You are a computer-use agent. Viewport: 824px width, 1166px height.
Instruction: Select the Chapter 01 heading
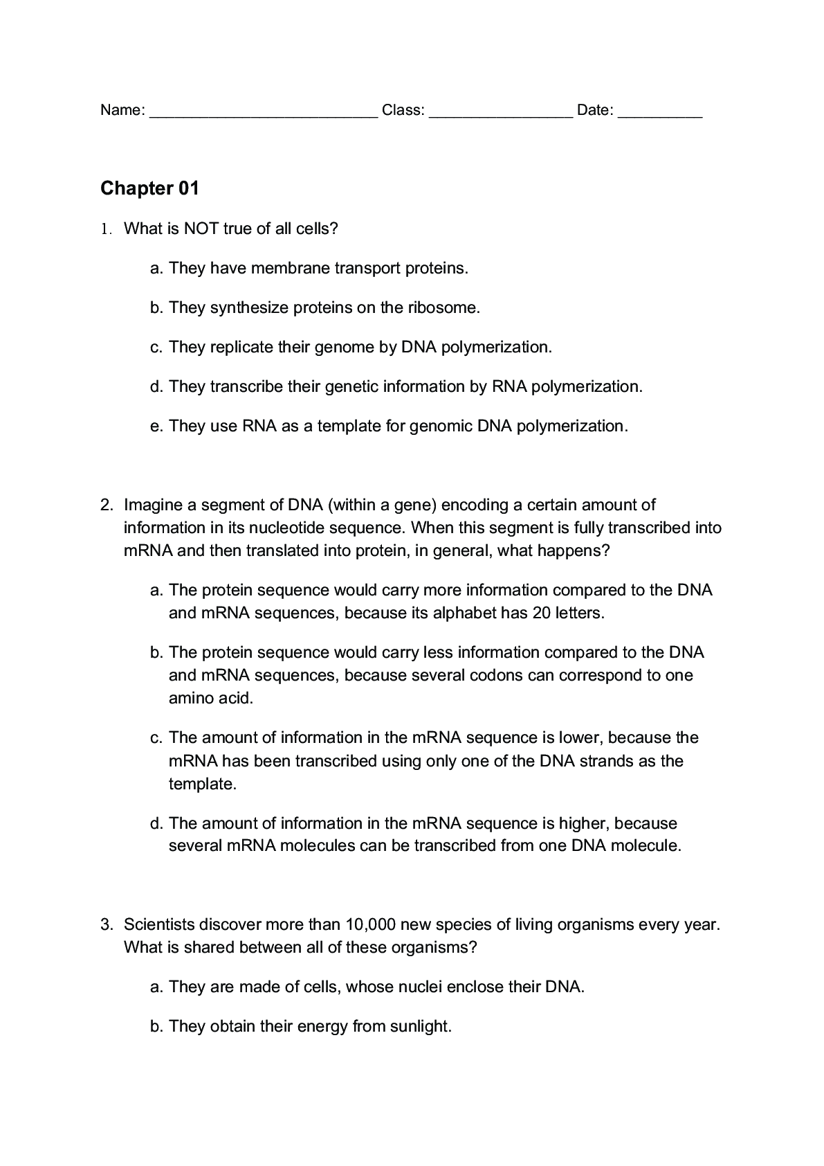149,188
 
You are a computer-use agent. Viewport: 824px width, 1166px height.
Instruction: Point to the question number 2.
106,505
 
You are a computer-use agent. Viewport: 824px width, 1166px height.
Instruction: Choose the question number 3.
106,924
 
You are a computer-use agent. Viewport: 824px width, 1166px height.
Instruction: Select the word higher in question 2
584,823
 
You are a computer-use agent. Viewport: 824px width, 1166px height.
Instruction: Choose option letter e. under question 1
156,426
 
